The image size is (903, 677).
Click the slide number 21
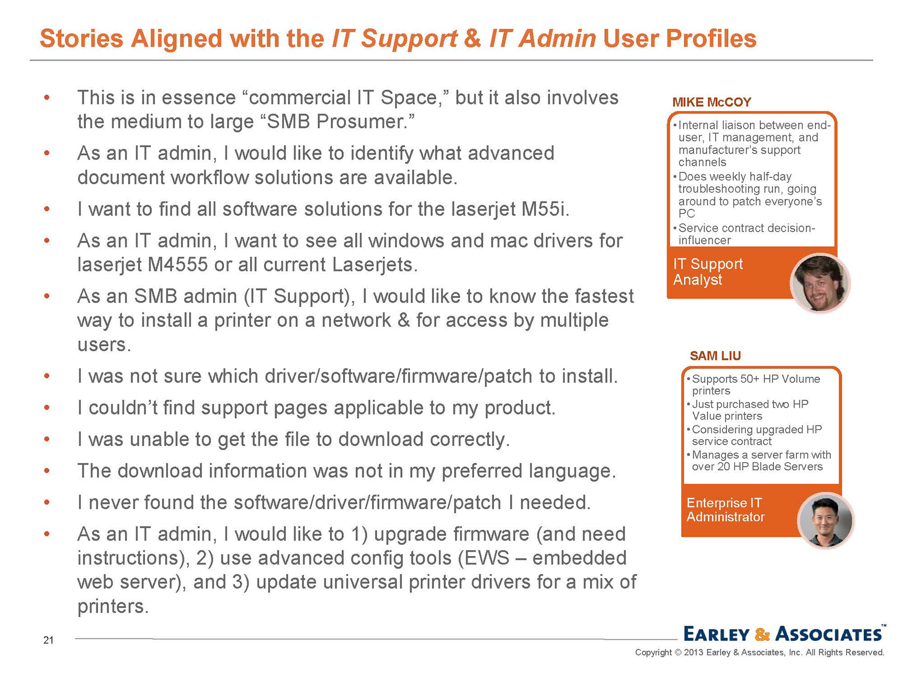click(x=48, y=640)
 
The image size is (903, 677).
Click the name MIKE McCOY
click(x=712, y=102)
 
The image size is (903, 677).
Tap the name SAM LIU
click(x=715, y=356)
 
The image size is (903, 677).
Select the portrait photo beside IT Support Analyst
click(x=820, y=283)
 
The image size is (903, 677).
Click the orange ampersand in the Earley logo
click(x=762, y=634)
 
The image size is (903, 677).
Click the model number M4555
click(x=177, y=265)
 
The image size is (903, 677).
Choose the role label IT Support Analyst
click(x=707, y=272)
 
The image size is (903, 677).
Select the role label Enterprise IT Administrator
click(x=725, y=510)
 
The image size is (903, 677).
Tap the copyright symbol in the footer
click(x=678, y=653)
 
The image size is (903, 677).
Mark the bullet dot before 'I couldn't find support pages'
click(x=47, y=408)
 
